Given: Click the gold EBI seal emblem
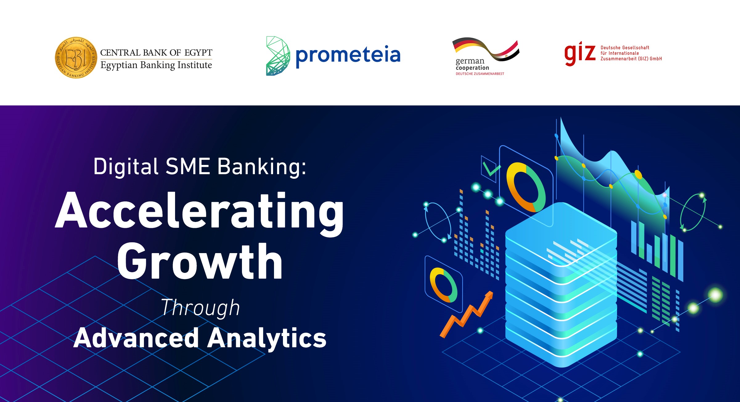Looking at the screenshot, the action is click(x=76, y=58).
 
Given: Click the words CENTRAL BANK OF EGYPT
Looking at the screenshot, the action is click(x=156, y=53).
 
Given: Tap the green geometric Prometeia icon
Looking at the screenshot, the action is click(x=278, y=56).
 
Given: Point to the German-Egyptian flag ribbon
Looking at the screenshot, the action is click(x=486, y=49).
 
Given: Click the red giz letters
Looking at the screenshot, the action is click(x=580, y=54).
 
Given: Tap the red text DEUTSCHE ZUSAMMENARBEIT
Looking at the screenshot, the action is click(x=480, y=74).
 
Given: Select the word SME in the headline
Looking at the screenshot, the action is click(x=188, y=166).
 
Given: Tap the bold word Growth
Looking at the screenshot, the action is click(x=200, y=261).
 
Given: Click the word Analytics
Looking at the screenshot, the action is click(x=267, y=338).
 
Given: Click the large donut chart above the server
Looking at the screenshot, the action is click(x=526, y=187).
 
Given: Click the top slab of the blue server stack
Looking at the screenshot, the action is click(x=561, y=234).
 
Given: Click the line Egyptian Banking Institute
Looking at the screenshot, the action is click(x=156, y=65).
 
